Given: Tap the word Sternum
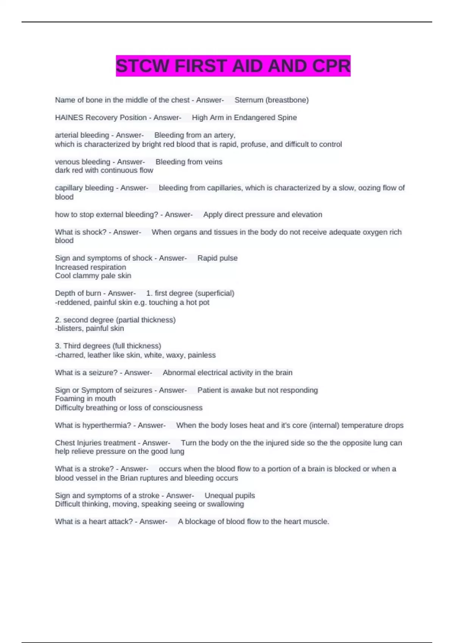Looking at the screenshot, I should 249,100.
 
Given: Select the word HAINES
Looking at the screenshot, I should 69,118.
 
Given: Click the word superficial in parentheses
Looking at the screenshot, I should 215,293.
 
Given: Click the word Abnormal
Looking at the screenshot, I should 179,373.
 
